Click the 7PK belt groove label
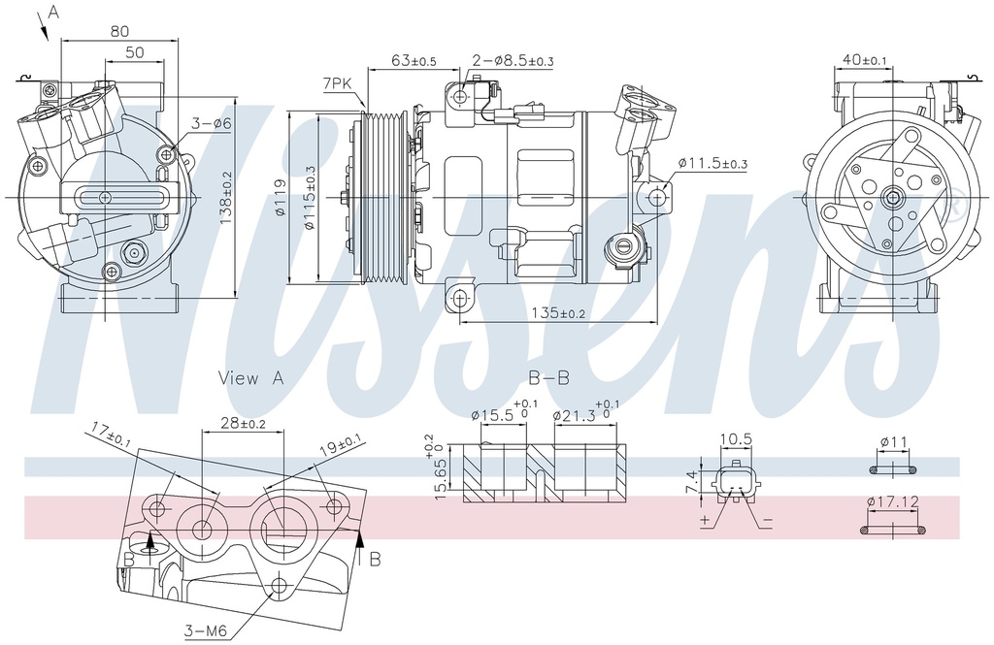coord(337,83)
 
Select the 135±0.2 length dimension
coord(558,312)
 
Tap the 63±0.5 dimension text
coord(414,61)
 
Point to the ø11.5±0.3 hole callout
coord(712,163)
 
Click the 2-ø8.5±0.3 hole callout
coord(513,61)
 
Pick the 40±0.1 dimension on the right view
coord(865,60)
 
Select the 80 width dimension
coord(119,31)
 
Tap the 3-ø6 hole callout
coord(211,123)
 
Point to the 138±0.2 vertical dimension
coord(226,199)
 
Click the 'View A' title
coord(251,378)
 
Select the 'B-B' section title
coord(548,378)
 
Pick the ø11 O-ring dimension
coord(894,442)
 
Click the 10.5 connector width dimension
coord(735,439)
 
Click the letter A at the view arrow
coord(52,12)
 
